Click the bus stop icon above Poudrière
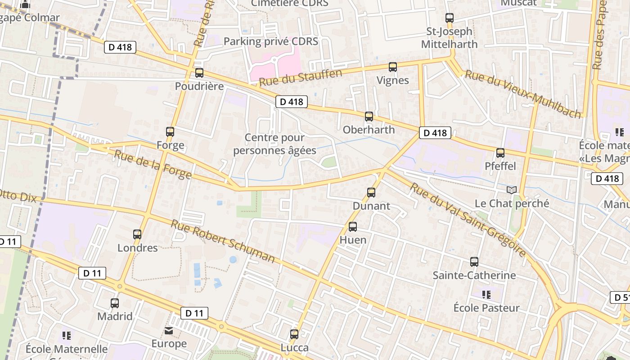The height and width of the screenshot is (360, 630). coord(199,73)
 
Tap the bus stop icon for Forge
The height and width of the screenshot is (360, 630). coord(170,132)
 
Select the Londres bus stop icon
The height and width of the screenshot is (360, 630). coord(137,234)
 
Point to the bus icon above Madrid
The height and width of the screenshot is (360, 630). coord(115,303)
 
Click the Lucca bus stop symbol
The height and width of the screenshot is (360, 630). coord(294,334)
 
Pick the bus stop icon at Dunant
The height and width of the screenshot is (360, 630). coord(371,193)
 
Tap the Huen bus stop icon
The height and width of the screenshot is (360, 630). coord(353,227)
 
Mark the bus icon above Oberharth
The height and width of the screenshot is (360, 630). coord(369,117)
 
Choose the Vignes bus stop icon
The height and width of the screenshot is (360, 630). coord(393,67)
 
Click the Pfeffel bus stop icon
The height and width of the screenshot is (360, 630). coord(500,153)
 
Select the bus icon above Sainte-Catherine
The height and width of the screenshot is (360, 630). coord(474,262)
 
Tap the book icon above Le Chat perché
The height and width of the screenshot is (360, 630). coord(512,190)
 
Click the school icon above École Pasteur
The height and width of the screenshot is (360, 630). coord(486,295)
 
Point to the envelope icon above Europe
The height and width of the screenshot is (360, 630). coord(169,331)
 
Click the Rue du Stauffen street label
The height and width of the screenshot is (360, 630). coord(301,77)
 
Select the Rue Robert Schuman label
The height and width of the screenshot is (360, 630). coord(222,241)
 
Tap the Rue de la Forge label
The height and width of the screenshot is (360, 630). coord(153,164)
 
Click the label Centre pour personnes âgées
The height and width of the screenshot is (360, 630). coord(274,144)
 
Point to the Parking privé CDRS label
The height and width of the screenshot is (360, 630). coord(271,41)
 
